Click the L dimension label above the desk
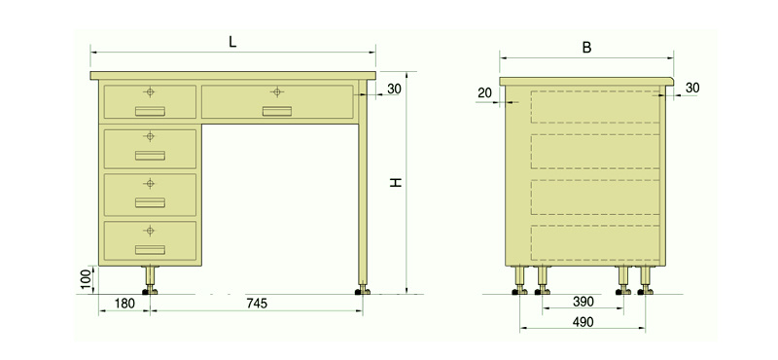[x=232, y=42]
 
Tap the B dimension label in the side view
[x=586, y=48]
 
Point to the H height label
[x=396, y=182]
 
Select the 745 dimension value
[x=257, y=304]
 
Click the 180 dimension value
[x=124, y=304]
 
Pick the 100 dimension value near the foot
[x=87, y=279]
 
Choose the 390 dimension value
[x=583, y=302]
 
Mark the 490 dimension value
[x=583, y=322]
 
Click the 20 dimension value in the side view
[x=484, y=92]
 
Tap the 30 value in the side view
[x=692, y=88]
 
